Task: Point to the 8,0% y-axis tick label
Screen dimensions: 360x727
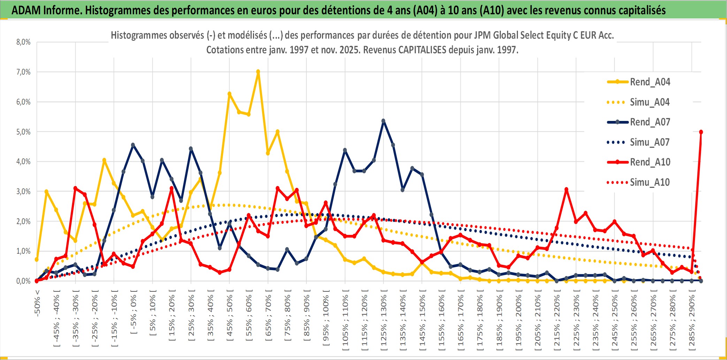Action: pyautogui.click(x=23, y=42)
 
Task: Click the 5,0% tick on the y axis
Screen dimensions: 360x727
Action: pyautogui.click(x=23, y=132)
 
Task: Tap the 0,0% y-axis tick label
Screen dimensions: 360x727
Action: pyautogui.click(x=23, y=281)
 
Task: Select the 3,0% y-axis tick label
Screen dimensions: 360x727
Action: pyautogui.click(x=23, y=191)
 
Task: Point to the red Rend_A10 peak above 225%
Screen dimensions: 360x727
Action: pyautogui.click(x=566, y=190)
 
